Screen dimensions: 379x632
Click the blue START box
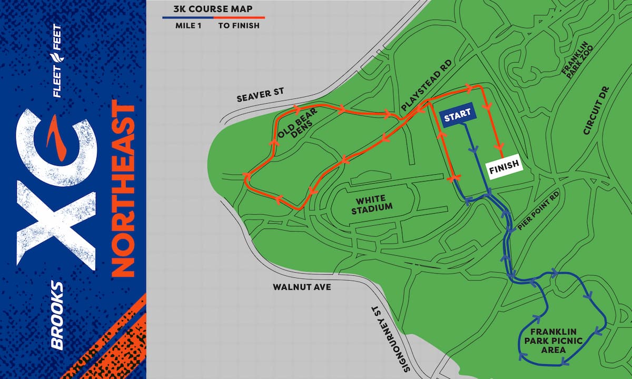[x=457, y=117]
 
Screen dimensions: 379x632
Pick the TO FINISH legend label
[x=239, y=25]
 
